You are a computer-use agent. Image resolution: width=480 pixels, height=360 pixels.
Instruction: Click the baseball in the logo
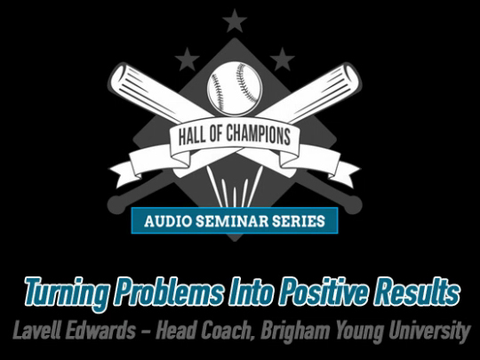click(235, 89)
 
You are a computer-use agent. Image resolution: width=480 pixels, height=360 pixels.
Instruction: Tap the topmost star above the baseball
click(235, 21)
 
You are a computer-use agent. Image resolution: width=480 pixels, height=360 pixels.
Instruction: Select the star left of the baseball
click(187, 60)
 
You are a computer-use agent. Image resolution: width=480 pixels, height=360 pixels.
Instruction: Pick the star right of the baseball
click(283, 60)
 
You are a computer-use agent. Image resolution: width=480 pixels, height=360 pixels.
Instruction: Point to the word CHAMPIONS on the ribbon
click(258, 135)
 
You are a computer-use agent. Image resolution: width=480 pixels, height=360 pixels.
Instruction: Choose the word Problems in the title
click(169, 290)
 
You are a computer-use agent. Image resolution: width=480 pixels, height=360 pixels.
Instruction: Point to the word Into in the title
click(252, 290)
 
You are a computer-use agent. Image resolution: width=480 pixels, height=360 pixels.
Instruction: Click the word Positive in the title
click(324, 290)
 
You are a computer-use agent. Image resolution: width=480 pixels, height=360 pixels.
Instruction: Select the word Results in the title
click(417, 290)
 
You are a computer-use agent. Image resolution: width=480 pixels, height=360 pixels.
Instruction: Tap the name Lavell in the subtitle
click(33, 330)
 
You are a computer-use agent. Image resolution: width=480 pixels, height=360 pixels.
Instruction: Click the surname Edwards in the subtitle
click(98, 330)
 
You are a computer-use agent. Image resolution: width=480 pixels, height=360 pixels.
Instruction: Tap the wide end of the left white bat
click(120, 75)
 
